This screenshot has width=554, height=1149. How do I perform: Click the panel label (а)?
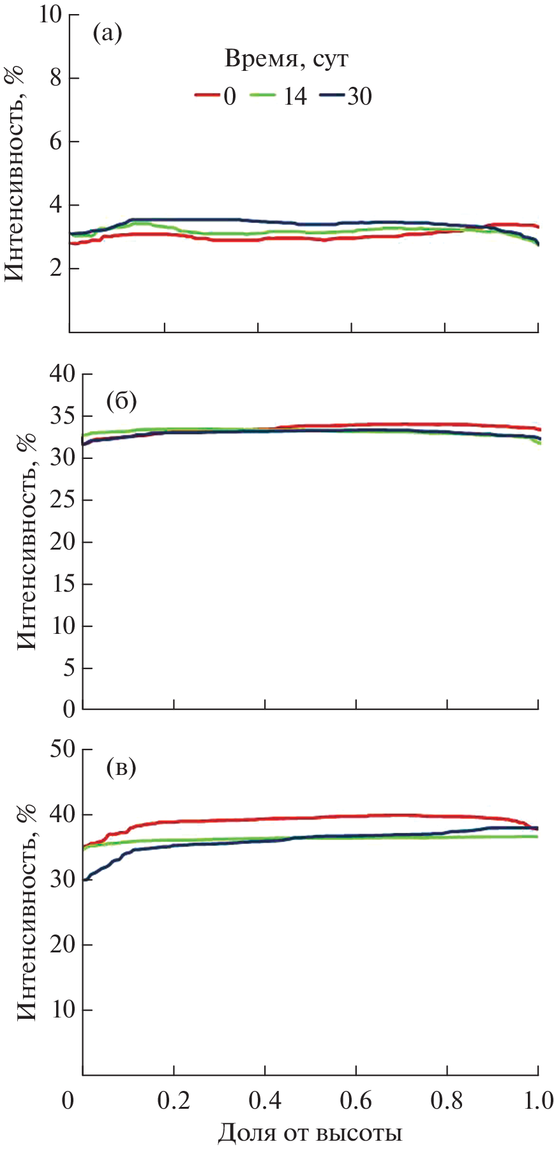coord(107,33)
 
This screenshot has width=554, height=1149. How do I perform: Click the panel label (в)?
coord(121,767)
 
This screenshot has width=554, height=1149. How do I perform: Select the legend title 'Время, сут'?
coord(287,59)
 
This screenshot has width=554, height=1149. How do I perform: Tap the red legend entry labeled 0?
coord(216,96)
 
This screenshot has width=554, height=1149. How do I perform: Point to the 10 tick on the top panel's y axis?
coord(51,15)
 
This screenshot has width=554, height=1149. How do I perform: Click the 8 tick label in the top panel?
coord(56,79)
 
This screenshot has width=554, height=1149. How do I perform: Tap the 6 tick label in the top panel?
coord(56,142)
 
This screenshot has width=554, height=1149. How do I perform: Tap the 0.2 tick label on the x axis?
coord(174,1102)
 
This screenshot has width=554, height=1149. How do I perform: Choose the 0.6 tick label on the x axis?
coord(356,1102)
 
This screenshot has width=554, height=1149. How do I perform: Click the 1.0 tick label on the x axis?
coord(537,1102)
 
